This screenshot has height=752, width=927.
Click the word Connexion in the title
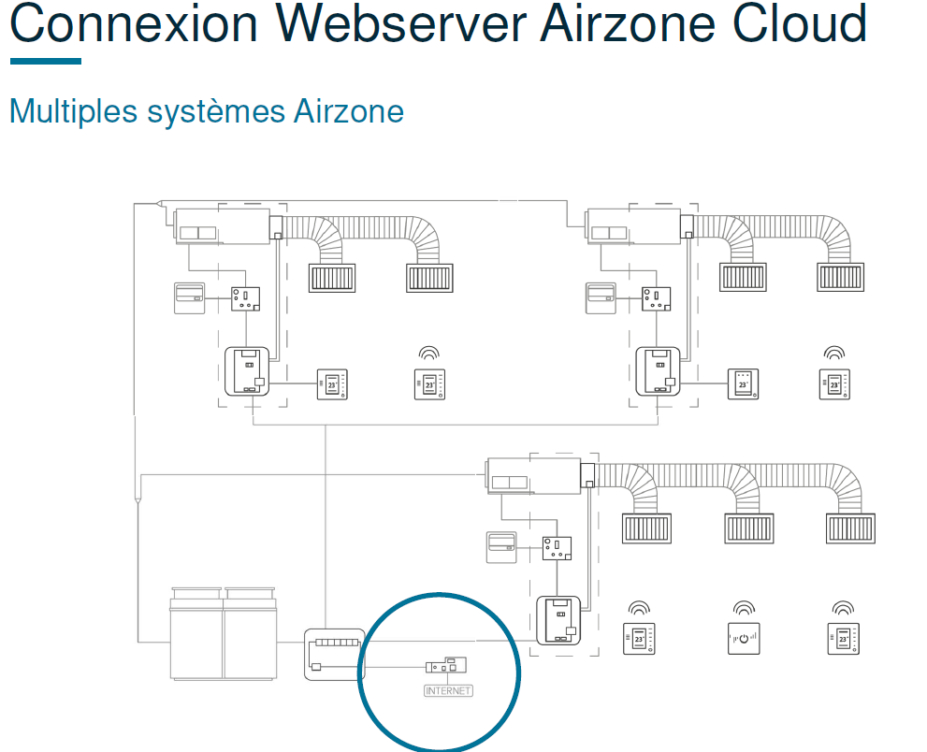coord(134,24)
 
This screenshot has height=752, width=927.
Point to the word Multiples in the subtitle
coord(73,111)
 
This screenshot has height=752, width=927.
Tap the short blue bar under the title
coord(46,61)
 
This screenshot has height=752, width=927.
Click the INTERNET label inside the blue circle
coord(448,691)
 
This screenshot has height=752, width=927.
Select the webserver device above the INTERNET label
coord(446,666)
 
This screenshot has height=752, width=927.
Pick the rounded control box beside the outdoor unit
coord(333,654)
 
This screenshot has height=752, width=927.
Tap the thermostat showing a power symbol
coord(744,638)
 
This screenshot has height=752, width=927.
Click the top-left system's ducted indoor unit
coord(220,227)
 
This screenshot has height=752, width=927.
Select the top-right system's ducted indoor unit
coord(632,227)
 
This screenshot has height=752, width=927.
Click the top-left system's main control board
coord(248,371)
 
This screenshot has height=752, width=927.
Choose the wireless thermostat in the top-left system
coord(428,383)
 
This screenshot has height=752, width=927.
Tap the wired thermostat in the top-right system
coord(744,383)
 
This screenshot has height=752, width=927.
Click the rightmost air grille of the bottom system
coord(850,528)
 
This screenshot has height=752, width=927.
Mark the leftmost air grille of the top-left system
coord(332,278)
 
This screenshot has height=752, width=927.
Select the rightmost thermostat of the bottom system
coord(843,638)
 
